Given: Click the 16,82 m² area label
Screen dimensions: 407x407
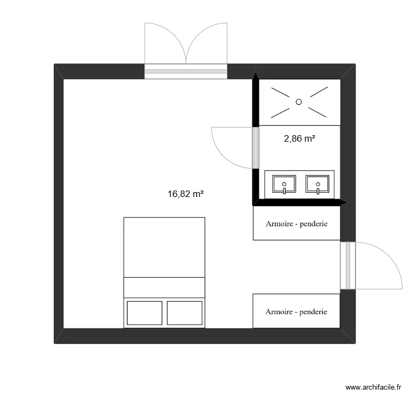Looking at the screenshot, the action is (x=186, y=194).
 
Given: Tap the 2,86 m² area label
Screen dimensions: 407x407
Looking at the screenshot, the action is (x=300, y=138).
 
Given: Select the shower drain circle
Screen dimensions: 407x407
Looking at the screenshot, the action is (x=299, y=102).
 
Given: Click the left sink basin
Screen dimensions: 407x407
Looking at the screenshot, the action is (x=284, y=184).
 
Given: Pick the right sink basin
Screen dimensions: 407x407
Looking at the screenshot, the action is (x=317, y=184).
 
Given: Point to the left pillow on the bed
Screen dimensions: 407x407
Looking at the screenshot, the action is (x=144, y=313).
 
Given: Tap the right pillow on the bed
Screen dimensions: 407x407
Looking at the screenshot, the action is (x=185, y=313).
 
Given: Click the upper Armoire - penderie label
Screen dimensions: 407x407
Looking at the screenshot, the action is (x=296, y=224).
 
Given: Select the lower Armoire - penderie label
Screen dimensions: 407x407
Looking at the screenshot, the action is (x=296, y=311).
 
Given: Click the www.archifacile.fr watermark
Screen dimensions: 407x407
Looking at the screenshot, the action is (x=373, y=387).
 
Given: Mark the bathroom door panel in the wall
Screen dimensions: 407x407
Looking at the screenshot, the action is (x=256, y=148).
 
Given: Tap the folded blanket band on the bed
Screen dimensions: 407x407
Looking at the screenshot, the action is (x=164, y=288).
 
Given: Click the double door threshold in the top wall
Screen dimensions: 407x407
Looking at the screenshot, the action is (x=186, y=72).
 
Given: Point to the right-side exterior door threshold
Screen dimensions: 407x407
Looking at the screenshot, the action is (x=348, y=265).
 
